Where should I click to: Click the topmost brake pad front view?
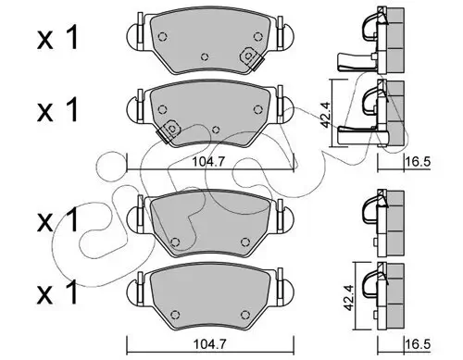point(209,43)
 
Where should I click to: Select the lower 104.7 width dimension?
point(206,341)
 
